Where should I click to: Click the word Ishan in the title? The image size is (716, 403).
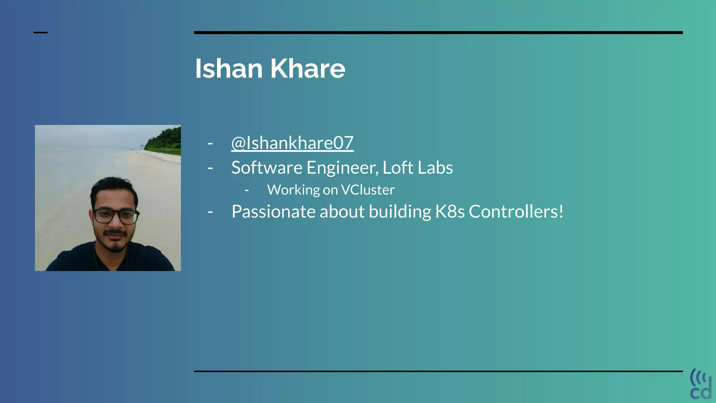[229, 69]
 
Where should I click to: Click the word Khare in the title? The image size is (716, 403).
[308, 69]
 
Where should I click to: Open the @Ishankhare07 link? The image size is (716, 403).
[292, 143]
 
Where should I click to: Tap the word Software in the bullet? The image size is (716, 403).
[266, 168]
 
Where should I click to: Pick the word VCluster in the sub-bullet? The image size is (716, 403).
[367, 190]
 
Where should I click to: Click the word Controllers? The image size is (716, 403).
[516, 212]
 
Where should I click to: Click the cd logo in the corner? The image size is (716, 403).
[701, 384]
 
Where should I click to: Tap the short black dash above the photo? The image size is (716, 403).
[40, 33]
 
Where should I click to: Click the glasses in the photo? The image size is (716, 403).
[115, 216]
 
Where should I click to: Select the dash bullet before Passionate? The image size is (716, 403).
[210, 212]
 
